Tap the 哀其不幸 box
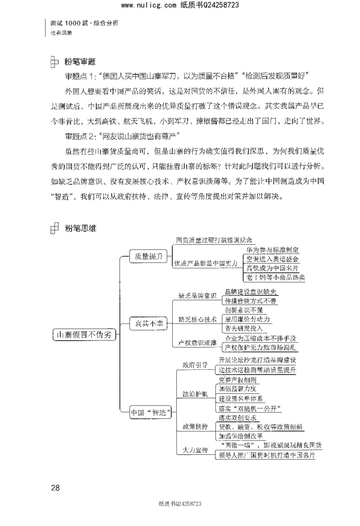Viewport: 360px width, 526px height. (146, 323)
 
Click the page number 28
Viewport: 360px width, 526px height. (56, 487)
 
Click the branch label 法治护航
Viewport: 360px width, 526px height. (194, 394)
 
